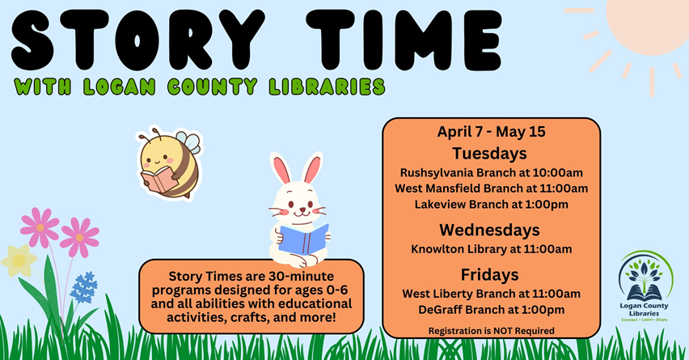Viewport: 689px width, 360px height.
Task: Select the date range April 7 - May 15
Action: (491, 133)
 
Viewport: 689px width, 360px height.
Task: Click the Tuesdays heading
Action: (490, 153)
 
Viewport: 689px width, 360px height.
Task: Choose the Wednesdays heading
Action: (490, 229)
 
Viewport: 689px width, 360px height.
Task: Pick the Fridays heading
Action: (490, 273)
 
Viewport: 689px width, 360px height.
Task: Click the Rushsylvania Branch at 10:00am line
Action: (492, 172)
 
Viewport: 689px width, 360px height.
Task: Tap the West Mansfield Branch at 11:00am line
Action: (491, 188)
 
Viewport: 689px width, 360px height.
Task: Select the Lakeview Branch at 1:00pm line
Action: (491, 204)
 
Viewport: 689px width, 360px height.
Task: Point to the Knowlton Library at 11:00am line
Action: (491, 248)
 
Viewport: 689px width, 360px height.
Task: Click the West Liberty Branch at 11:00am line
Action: (491, 293)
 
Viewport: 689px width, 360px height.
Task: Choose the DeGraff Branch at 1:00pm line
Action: (491, 309)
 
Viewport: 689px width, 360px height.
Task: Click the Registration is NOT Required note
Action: (491, 330)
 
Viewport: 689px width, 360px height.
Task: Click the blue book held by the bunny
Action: (304, 239)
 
